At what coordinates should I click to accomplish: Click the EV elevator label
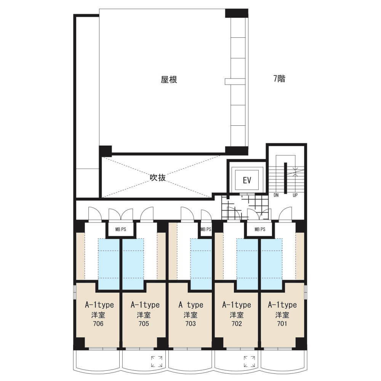point(247,180)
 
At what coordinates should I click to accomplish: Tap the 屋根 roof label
point(169,80)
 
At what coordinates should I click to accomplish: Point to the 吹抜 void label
point(158,178)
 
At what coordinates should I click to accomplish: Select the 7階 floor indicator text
point(279,78)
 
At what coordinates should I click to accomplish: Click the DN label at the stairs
point(276,195)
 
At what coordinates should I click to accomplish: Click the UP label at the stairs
point(295,195)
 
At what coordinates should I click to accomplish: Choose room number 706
point(98,323)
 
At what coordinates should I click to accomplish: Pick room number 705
point(144,323)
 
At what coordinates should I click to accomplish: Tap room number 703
point(190,323)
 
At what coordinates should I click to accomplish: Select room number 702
point(237,323)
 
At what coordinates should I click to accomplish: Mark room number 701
point(282,323)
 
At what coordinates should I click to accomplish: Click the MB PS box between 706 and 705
point(120,229)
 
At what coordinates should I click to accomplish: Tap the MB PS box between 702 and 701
point(260,229)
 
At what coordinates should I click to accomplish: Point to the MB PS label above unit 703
point(206,229)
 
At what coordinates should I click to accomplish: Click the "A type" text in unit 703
point(191,305)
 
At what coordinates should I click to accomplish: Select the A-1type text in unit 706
point(99,305)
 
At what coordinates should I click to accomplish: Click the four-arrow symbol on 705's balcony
point(157,362)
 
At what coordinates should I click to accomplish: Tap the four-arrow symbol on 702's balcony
point(249,362)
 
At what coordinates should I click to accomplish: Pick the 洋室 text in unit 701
point(282,315)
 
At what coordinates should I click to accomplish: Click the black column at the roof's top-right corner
point(237,13)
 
